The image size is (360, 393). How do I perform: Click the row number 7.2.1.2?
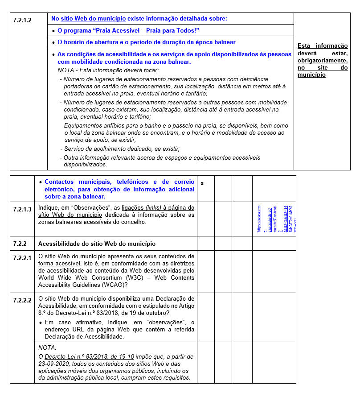[22, 20]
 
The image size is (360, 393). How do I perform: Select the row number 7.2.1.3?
[22, 209]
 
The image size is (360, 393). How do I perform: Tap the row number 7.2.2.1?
[22, 258]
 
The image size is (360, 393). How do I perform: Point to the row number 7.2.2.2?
[22, 300]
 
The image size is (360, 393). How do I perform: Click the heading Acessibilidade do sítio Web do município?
[97, 244]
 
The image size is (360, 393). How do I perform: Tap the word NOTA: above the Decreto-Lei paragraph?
[48, 347]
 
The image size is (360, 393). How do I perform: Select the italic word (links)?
[153, 208]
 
